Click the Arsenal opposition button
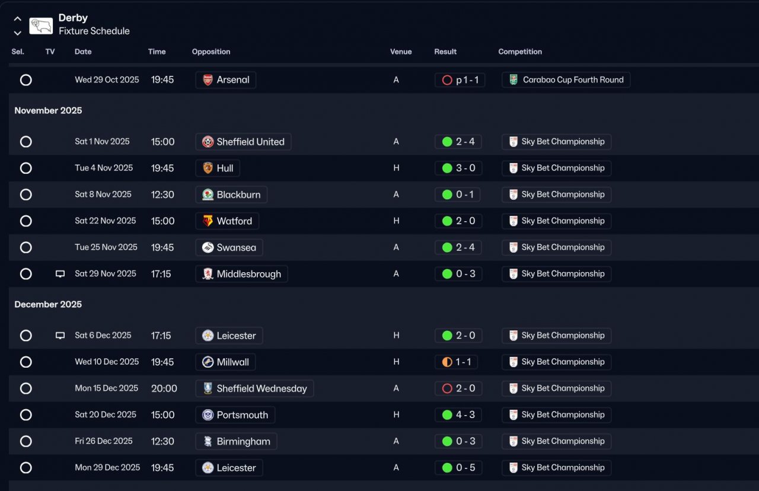226,80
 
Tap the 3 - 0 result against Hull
458,168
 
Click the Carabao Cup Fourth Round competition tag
566,80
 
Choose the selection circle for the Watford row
25,221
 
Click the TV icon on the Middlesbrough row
60,274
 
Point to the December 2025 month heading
48,304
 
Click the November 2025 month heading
48,110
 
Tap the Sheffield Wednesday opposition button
254,388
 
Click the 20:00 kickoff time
164,388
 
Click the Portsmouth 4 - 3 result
458,415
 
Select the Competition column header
520,52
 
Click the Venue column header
401,52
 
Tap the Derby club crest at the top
41,25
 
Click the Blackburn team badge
208,195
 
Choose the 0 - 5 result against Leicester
458,468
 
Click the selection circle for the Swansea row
25,247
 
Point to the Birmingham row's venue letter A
396,441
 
